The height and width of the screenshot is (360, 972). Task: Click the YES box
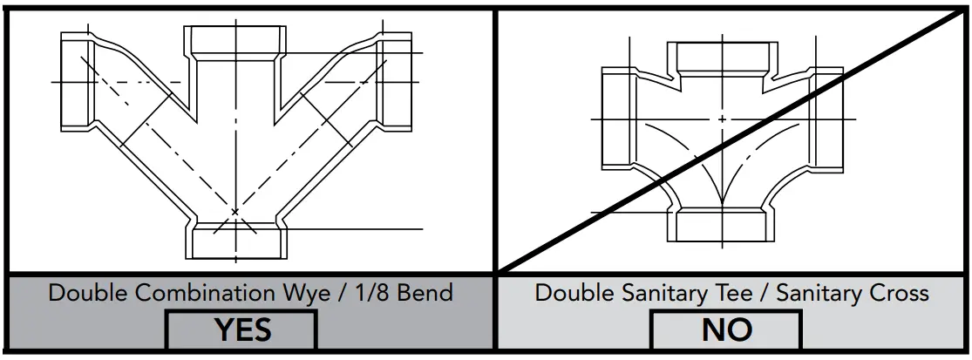[x=241, y=330]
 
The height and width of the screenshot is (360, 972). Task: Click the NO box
[x=727, y=330]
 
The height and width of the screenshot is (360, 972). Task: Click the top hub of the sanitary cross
[x=722, y=57]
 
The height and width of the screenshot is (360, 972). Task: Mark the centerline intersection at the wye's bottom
[x=235, y=211]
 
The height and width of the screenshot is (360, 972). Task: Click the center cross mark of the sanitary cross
[x=722, y=119]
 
